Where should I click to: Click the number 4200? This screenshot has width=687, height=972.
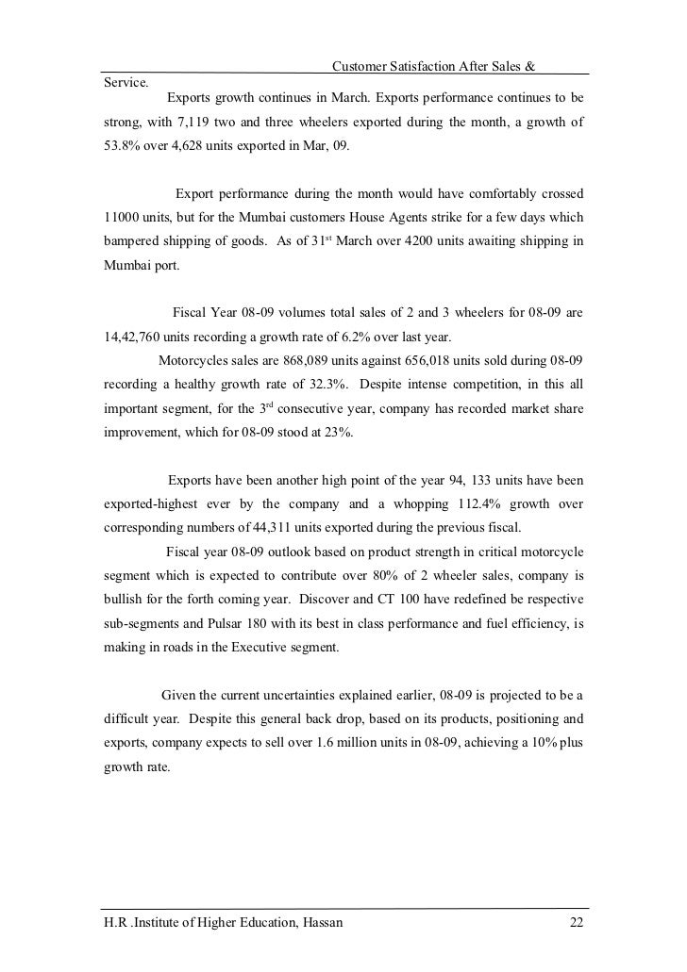coord(422,242)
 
